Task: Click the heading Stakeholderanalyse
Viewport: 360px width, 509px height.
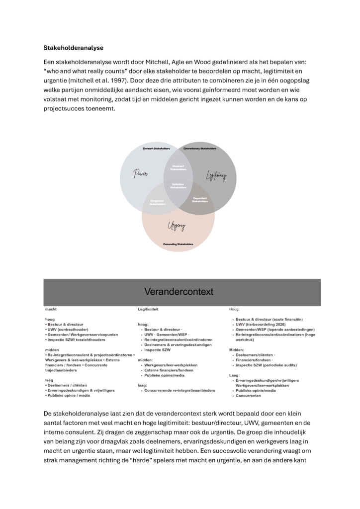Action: (74, 48)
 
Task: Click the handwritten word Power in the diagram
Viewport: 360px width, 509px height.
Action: (141, 174)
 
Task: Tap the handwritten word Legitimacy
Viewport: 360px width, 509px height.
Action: (216, 175)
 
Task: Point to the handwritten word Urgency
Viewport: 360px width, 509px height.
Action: (178, 226)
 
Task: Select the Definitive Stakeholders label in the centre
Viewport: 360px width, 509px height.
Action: (178, 186)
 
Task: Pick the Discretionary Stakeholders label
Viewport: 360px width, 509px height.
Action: (200, 149)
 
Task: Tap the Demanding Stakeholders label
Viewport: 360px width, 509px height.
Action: (178, 244)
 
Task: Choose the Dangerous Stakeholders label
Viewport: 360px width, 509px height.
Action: (157, 202)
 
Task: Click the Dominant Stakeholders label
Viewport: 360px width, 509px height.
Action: (178, 168)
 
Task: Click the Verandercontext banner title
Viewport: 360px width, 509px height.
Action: (179, 292)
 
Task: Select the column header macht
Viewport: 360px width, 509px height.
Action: (51, 309)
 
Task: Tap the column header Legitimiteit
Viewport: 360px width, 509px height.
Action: (148, 309)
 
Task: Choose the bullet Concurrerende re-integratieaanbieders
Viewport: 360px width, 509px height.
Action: (180, 391)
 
